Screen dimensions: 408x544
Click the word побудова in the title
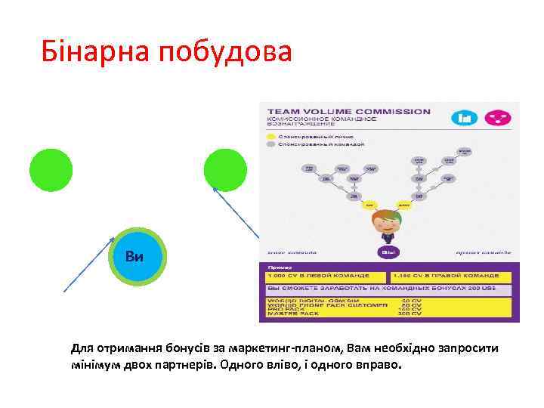pos(225,52)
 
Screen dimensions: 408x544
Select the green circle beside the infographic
pos(225,168)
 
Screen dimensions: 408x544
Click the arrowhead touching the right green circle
pos(215,190)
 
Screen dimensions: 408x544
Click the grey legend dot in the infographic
pos(270,143)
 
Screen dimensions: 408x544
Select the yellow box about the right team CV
pos(449,277)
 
